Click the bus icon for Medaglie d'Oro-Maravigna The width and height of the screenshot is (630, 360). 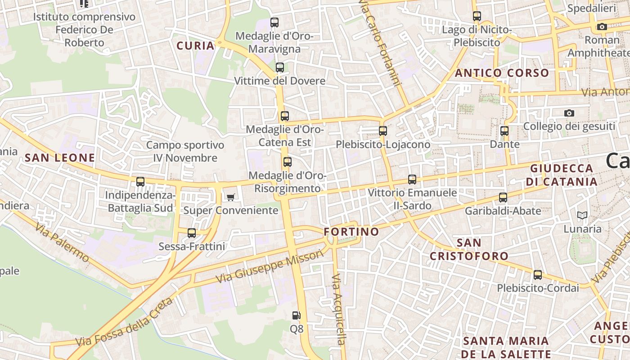tap(274, 22)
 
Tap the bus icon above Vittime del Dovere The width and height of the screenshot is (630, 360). tap(280, 67)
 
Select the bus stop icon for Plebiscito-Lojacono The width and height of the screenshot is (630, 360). tap(383, 131)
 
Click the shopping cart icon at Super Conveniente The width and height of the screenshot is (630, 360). tap(231, 197)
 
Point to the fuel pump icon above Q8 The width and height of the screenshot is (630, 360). tap(296, 315)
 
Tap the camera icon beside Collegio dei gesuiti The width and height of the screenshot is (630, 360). tap(569, 113)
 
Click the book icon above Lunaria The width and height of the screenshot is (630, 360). tap(582, 216)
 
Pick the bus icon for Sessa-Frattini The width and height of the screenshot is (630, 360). tap(192, 233)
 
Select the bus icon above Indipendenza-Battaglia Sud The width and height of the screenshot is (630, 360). tap(140, 182)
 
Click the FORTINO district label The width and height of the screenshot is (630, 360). tap(351, 232)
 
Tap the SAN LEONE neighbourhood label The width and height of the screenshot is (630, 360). tap(60, 158)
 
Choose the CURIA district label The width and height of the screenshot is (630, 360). tap(195, 46)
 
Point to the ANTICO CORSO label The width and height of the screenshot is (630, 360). tap(502, 73)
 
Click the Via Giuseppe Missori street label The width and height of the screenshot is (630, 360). tap(270, 266)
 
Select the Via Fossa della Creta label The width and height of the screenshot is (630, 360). tap(124, 323)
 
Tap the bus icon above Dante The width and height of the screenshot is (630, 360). tap(504, 131)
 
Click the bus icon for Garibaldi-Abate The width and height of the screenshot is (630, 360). tap(503, 198)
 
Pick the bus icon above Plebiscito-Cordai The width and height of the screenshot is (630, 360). tap(538, 275)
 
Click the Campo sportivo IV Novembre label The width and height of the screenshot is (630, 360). tap(185, 152)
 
